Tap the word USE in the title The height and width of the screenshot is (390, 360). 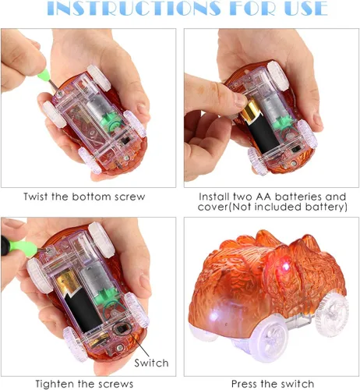point(305,8)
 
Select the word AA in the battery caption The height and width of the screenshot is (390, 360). point(263,197)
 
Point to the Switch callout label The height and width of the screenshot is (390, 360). point(151,363)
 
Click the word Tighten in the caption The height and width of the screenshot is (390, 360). point(55,384)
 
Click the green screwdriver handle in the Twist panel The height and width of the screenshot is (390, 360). point(44,75)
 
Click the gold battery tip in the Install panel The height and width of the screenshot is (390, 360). point(249,110)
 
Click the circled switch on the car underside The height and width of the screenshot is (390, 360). point(122,329)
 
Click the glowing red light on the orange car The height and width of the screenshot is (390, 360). point(285,267)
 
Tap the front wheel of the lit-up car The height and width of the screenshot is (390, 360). point(268,341)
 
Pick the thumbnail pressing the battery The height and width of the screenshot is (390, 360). point(241,100)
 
